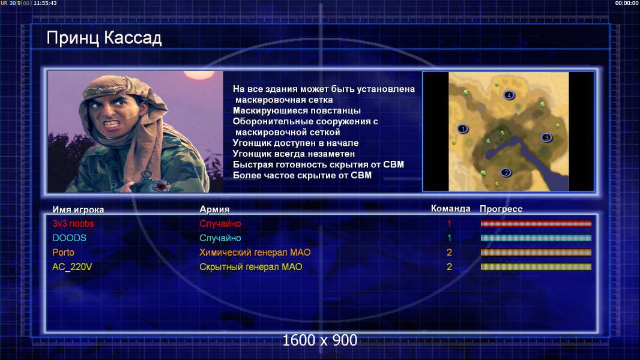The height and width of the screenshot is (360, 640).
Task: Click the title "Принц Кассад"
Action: tap(104, 38)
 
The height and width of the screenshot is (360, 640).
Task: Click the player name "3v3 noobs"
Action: tap(73, 223)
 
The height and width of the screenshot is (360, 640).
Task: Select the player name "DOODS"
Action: tap(70, 238)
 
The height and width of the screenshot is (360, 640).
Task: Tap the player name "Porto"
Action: tap(63, 253)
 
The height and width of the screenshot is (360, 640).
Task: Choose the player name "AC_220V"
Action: tap(72, 267)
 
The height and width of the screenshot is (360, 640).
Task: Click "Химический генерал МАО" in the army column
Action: tap(255, 253)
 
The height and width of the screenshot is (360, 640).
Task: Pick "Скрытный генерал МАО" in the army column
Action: tap(250, 267)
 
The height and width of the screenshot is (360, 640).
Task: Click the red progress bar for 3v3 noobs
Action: tap(536, 223)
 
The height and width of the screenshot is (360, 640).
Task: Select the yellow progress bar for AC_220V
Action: tap(536, 267)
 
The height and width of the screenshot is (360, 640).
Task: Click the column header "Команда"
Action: tap(451, 209)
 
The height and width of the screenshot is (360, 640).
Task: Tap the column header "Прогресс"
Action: tap(501, 209)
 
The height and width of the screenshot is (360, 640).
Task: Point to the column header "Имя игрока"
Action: tap(78, 209)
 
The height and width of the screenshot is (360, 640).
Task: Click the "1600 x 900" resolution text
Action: tap(319, 340)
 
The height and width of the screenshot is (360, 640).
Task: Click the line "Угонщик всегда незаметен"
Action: tap(294, 154)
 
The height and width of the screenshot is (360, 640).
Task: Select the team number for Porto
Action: tap(449, 253)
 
